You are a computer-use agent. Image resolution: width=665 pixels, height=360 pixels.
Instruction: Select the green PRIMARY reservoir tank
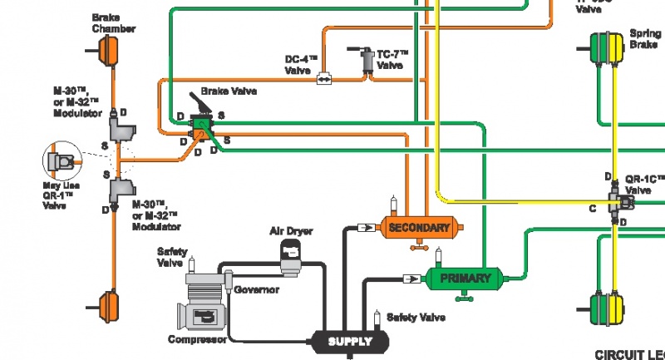(x=465, y=278)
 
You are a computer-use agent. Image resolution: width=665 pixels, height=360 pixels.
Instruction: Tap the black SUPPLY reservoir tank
(x=349, y=341)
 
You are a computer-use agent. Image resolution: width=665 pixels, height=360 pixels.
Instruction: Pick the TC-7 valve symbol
(x=365, y=63)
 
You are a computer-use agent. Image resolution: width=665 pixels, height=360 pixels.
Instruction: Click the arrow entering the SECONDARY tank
(x=363, y=226)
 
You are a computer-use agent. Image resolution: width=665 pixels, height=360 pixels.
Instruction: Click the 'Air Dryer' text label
(x=291, y=230)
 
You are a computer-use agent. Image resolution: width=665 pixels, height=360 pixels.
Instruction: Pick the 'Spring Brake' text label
(x=645, y=38)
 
